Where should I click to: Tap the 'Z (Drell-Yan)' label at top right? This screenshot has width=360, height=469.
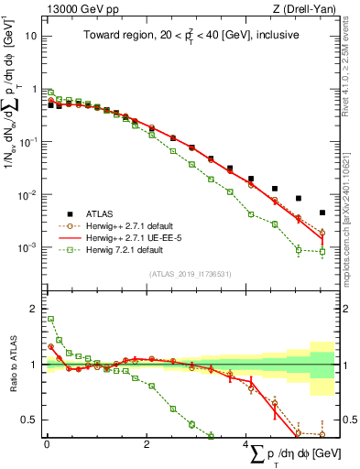(306, 7)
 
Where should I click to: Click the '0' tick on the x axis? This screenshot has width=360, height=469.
(47, 444)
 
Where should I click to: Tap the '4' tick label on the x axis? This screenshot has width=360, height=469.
(245, 444)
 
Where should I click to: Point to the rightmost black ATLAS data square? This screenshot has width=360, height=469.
(322, 213)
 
